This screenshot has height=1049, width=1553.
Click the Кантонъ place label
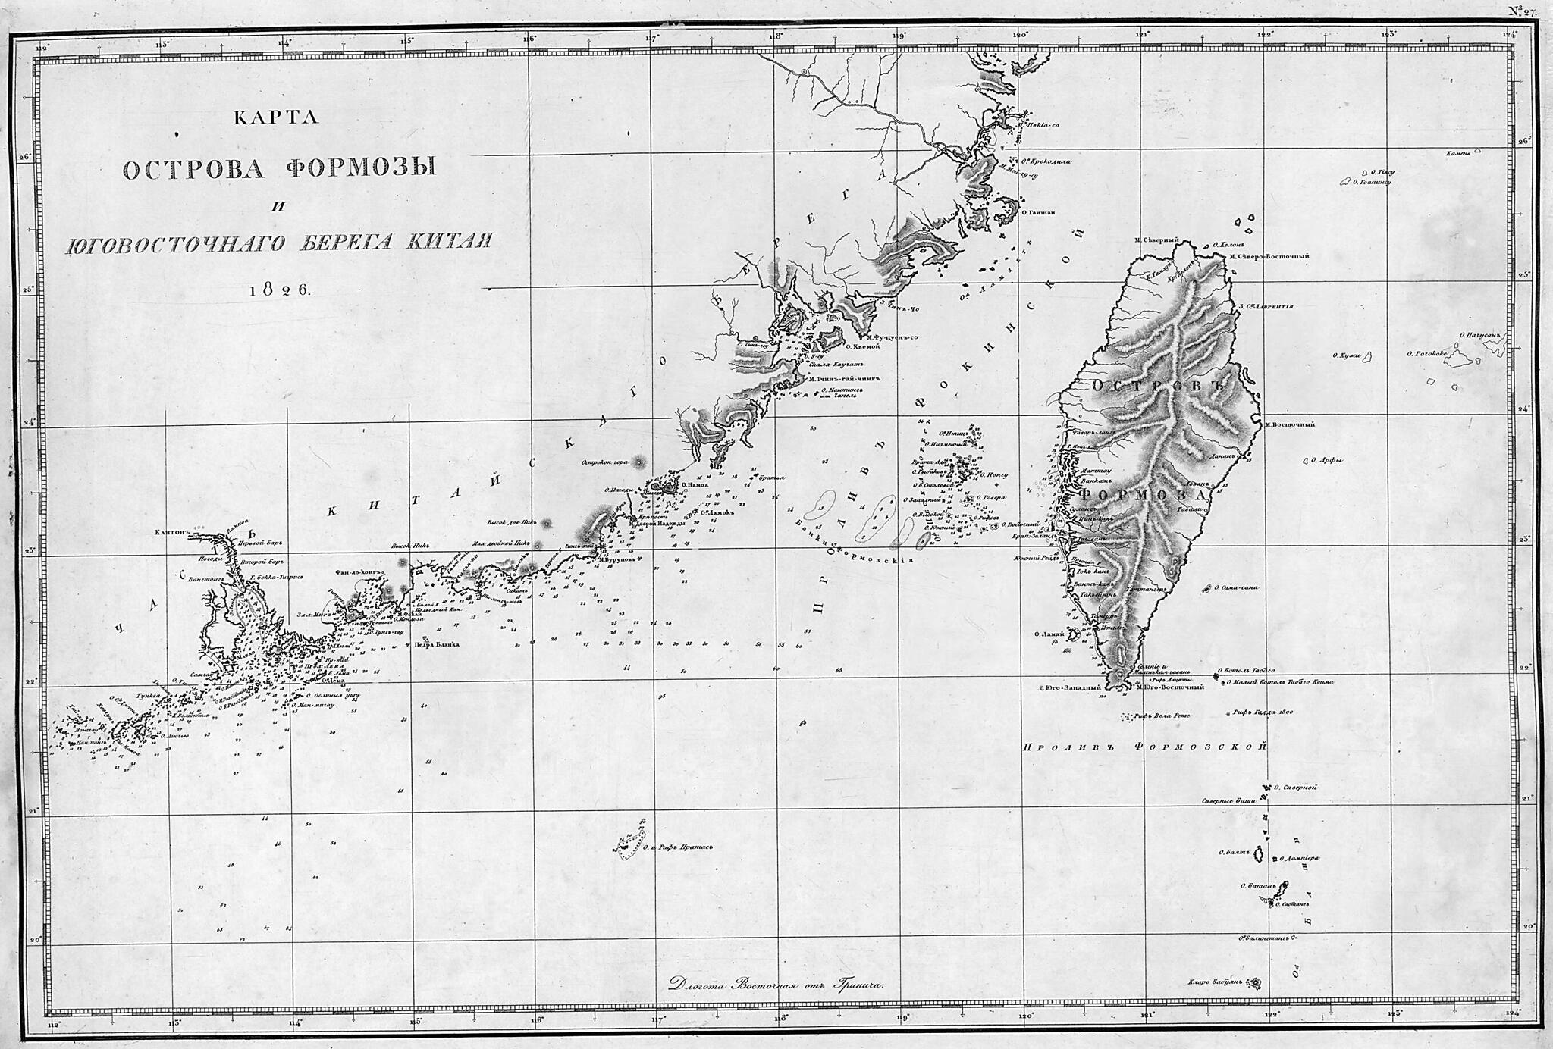click(171, 532)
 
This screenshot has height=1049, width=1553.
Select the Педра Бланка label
click(437, 644)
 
